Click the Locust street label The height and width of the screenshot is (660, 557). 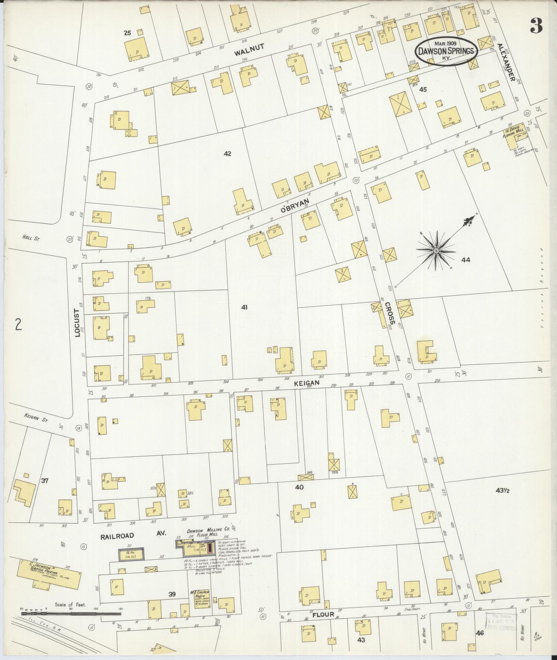click(x=77, y=323)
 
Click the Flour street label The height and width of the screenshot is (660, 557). click(x=323, y=614)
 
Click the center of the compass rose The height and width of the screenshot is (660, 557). click(x=436, y=250)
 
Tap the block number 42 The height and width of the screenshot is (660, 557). click(x=227, y=154)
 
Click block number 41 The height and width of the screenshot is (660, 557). click(x=244, y=307)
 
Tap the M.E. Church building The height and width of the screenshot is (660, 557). click(x=202, y=599)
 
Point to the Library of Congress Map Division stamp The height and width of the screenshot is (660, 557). click(x=501, y=621)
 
